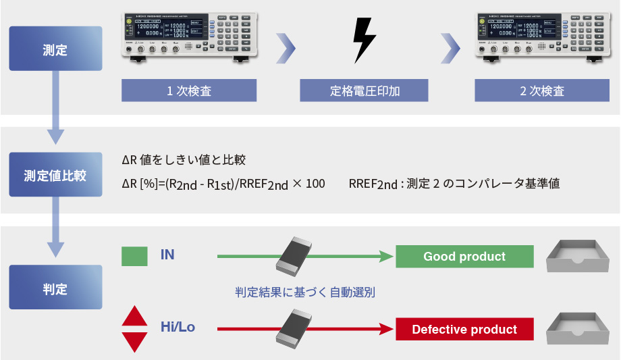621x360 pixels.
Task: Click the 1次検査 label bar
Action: pos(189,91)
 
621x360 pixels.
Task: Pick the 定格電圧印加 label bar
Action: pos(364,91)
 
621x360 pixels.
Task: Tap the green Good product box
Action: pos(464,257)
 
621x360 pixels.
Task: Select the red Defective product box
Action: pos(464,330)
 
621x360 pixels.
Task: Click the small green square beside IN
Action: pos(134,257)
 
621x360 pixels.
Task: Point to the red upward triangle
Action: pos(134,316)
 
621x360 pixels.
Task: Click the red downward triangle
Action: pos(134,341)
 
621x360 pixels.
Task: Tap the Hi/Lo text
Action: pos(178,328)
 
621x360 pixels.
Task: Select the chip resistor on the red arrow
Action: pos(298,328)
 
